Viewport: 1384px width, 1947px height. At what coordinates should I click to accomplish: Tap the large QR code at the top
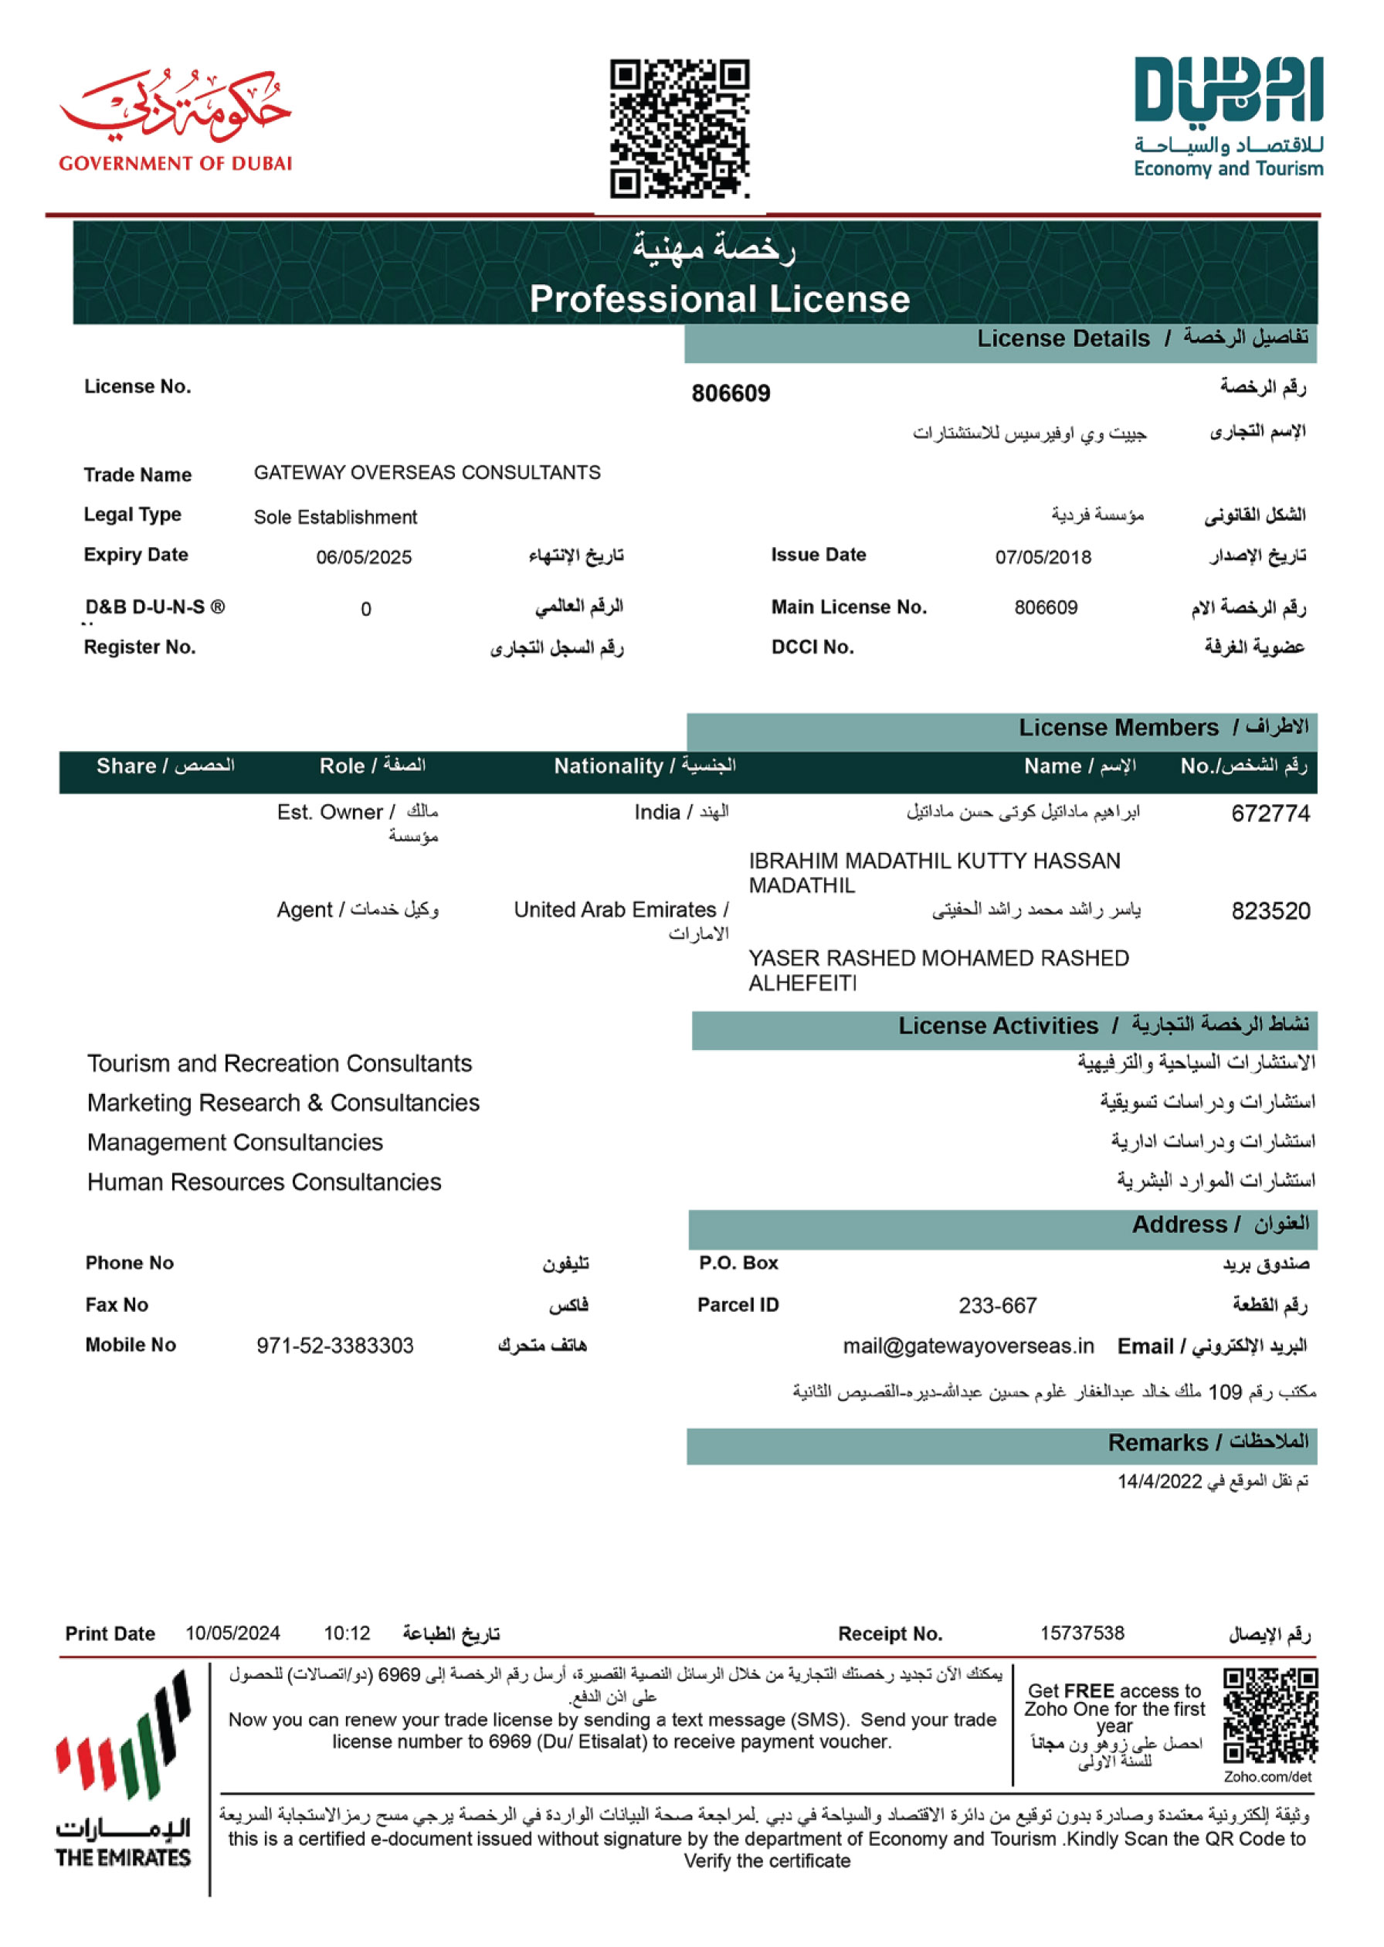[679, 127]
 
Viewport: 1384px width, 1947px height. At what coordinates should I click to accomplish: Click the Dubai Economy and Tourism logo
[1228, 117]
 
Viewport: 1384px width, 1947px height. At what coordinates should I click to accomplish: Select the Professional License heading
[719, 299]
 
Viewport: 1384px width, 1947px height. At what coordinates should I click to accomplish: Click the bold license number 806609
[731, 393]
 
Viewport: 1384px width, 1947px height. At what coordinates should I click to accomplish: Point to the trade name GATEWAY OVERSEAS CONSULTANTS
[427, 472]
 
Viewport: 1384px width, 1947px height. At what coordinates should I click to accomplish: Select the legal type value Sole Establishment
[335, 518]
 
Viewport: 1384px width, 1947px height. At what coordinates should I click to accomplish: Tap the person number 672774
[1270, 814]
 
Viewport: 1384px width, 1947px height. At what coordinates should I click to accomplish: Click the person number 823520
[1270, 911]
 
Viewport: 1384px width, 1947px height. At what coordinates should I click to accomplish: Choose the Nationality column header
[644, 766]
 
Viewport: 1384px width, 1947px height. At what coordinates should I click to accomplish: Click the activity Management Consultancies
[236, 1142]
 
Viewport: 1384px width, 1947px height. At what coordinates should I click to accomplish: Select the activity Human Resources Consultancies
[264, 1182]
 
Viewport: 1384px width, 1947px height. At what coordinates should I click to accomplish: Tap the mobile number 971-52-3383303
[335, 1346]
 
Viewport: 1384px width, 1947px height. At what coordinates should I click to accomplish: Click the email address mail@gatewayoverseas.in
[968, 1346]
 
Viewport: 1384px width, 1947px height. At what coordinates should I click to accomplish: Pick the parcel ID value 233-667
[997, 1306]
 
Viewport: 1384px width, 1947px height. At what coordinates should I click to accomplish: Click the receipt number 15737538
[1081, 1633]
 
